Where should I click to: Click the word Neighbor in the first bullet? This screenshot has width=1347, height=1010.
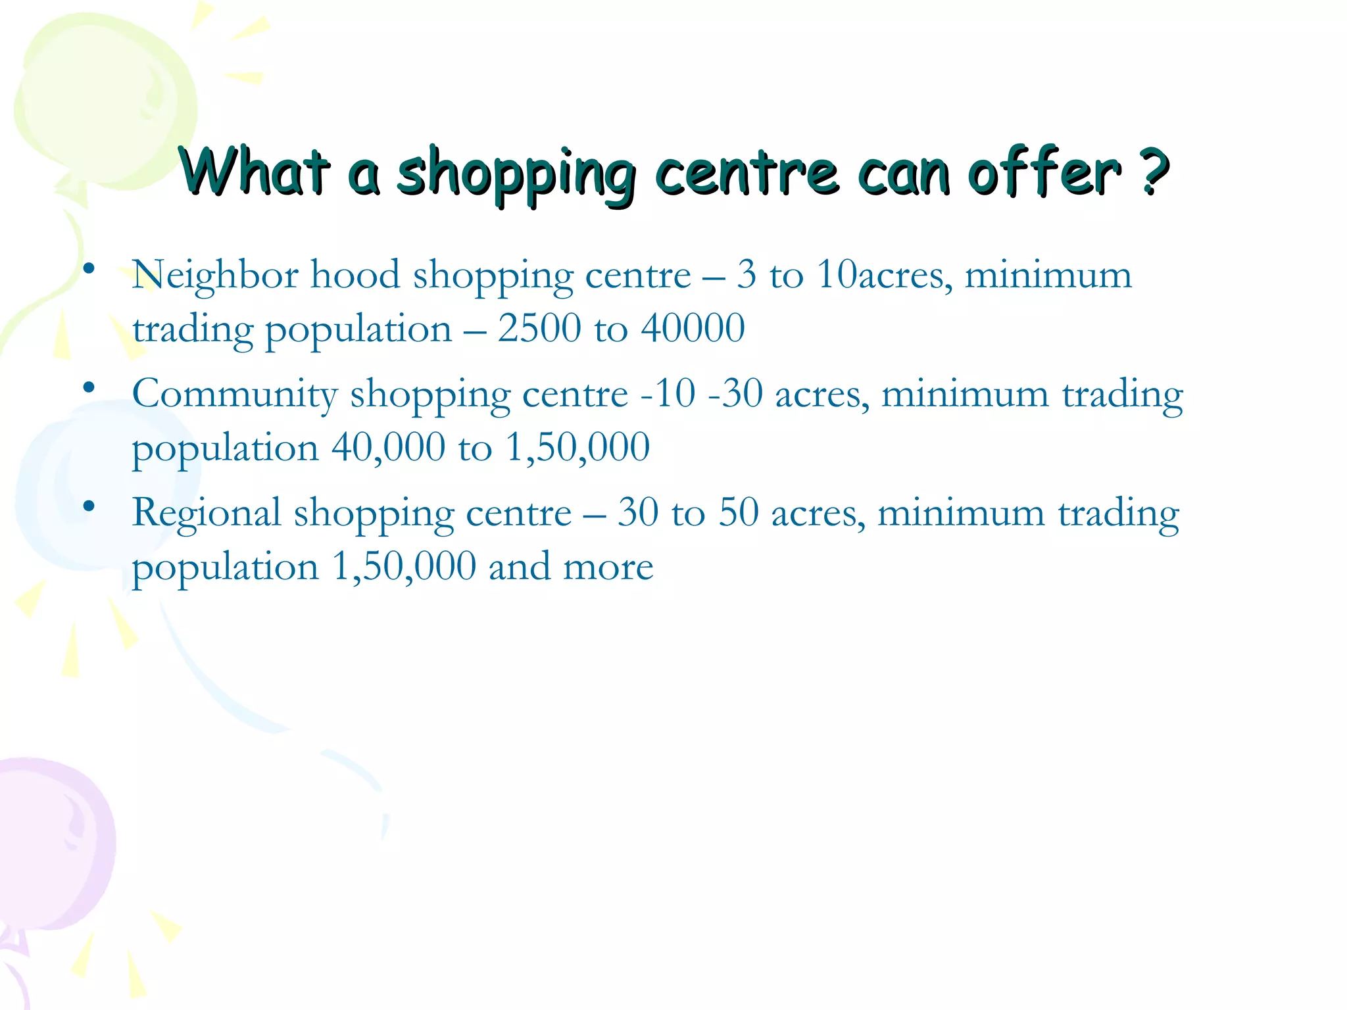tap(214, 275)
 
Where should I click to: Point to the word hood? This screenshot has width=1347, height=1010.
tap(355, 275)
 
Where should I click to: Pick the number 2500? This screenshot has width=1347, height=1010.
tap(539, 328)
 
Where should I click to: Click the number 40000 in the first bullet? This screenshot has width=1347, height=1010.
tap(693, 328)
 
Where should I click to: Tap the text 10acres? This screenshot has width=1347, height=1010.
tap(884, 275)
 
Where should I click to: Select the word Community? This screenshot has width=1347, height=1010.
tap(235, 395)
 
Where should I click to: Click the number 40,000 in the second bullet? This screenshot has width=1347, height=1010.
tap(388, 448)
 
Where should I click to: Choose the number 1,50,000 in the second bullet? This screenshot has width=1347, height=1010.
tap(577, 448)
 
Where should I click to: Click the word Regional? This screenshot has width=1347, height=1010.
tap(207, 514)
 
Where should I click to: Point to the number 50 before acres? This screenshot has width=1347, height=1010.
tap(738, 513)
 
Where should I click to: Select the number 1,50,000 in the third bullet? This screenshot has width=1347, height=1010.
tap(404, 567)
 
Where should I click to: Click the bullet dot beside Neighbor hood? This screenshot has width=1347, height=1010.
tap(89, 268)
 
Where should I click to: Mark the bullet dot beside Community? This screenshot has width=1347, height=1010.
tap(89, 388)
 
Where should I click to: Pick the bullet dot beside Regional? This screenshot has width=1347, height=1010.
tap(89, 507)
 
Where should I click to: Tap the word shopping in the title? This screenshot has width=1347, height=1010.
tap(516, 172)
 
